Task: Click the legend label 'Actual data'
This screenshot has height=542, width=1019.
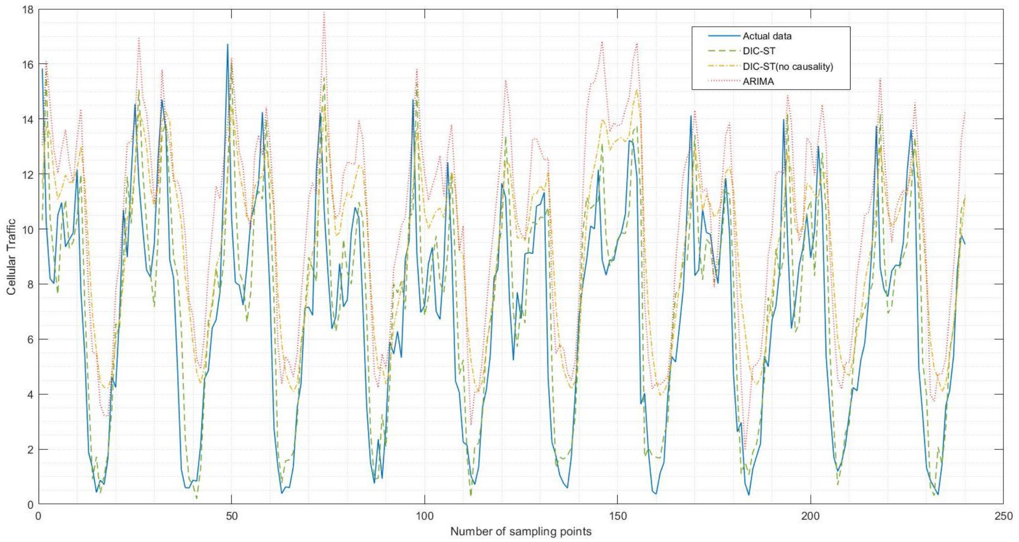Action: (x=767, y=36)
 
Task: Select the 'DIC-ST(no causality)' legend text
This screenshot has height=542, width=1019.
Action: (x=788, y=66)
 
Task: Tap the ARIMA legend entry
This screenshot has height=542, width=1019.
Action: (x=758, y=82)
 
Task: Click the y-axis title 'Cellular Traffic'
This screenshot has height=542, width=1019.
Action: (x=11, y=257)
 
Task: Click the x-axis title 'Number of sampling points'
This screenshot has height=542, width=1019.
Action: (x=521, y=531)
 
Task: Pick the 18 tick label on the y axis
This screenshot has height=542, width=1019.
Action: (x=28, y=9)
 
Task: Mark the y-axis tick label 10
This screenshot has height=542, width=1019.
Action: (x=28, y=229)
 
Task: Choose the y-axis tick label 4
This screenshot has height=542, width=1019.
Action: (x=30, y=394)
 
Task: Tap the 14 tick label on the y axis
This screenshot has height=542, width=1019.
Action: (x=28, y=119)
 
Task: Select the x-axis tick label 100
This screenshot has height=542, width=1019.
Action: (x=424, y=516)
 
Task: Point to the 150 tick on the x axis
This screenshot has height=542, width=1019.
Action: (x=617, y=516)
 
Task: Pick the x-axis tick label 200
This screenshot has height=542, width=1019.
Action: (x=810, y=516)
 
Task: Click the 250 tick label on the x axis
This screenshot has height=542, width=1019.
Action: (x=1003, y=516)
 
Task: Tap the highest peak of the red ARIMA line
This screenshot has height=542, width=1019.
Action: (x=325, y=12)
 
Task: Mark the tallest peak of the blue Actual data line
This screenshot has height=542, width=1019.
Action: (x=227, y=44)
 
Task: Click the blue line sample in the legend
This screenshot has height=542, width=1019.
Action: (x=723, y=36)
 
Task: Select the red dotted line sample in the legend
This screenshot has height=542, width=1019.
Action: (x=723, y=82)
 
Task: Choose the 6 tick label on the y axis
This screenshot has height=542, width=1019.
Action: (x=30, y=339)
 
